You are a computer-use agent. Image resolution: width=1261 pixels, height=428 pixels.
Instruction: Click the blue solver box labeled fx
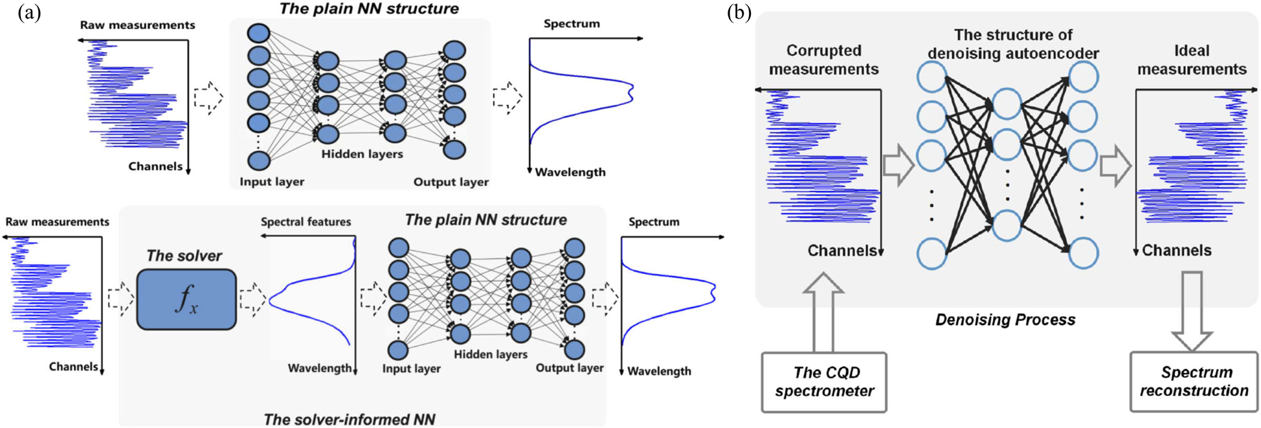(x=186, y=300)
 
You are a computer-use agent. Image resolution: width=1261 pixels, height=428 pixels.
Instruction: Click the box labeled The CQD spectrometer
(x=824, y=382)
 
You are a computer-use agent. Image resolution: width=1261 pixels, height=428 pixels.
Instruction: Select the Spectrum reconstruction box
(x=1194, y=382)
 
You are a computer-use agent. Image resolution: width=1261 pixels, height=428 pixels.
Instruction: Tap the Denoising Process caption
(x=1005, y=320)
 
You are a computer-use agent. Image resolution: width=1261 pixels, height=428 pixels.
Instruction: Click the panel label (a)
(x=30, y=12)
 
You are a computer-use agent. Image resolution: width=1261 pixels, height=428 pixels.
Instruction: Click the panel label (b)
(x=739, y=12)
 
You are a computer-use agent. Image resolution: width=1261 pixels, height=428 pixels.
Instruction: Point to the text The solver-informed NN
(x=349, y=419)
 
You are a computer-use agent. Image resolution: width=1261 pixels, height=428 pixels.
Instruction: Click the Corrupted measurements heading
(x=823, y=60)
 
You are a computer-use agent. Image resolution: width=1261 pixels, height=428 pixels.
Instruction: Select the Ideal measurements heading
(x=1192, y=60)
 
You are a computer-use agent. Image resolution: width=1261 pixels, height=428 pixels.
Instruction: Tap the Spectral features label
(x=306, y=222)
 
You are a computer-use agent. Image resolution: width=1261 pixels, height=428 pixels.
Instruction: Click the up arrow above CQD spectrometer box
(x=823, y=311)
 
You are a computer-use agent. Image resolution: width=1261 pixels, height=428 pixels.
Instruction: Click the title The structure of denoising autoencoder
(x=1013, y=44)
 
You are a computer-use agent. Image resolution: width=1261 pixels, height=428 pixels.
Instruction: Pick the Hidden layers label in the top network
(x=362, y=154)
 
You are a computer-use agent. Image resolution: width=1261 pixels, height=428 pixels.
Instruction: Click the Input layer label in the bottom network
(x=411, y=368)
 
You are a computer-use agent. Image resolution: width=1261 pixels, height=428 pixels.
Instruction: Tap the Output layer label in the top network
(x=451, y=182)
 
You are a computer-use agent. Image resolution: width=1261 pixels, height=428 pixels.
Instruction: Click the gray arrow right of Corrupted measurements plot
(x=898, y=165)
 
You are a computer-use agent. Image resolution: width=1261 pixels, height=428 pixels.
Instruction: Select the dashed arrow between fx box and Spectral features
(x=252, y=299)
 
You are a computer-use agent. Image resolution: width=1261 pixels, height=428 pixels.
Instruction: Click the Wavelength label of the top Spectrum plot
(x=570, y=172)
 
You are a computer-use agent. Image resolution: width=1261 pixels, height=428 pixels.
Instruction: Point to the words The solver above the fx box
(x=184, y=256)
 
